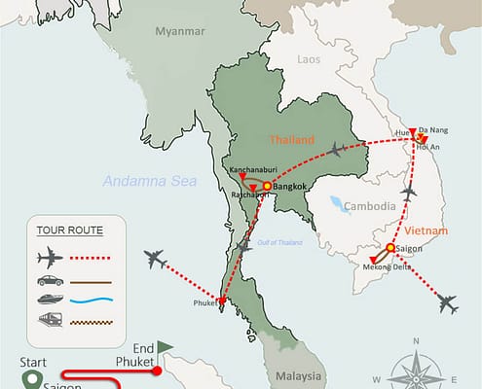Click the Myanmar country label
click(182, 32)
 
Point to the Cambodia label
click(371, 206)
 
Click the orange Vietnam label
click(426, 230)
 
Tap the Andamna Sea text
click(150, 182)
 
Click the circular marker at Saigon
click(390, 248)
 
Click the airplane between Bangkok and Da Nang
click(337, 149)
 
